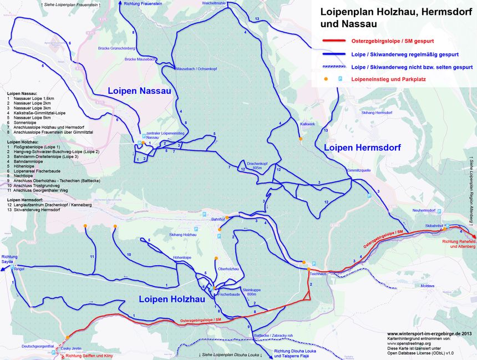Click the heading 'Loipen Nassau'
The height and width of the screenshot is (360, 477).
(x=139, y=90)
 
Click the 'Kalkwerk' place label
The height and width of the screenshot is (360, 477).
(x=307, y=124)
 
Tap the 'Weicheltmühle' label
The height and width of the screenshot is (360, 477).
(x=214, y=3)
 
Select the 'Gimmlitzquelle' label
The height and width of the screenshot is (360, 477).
(x=358, y=170)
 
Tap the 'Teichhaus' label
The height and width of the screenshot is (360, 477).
(x=318, y=274)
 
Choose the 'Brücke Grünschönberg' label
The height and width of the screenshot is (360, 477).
(x=117, y=48)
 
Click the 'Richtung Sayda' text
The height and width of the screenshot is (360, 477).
(x=9, y=259)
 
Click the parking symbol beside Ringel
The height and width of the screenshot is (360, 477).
(x=12, y=268)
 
